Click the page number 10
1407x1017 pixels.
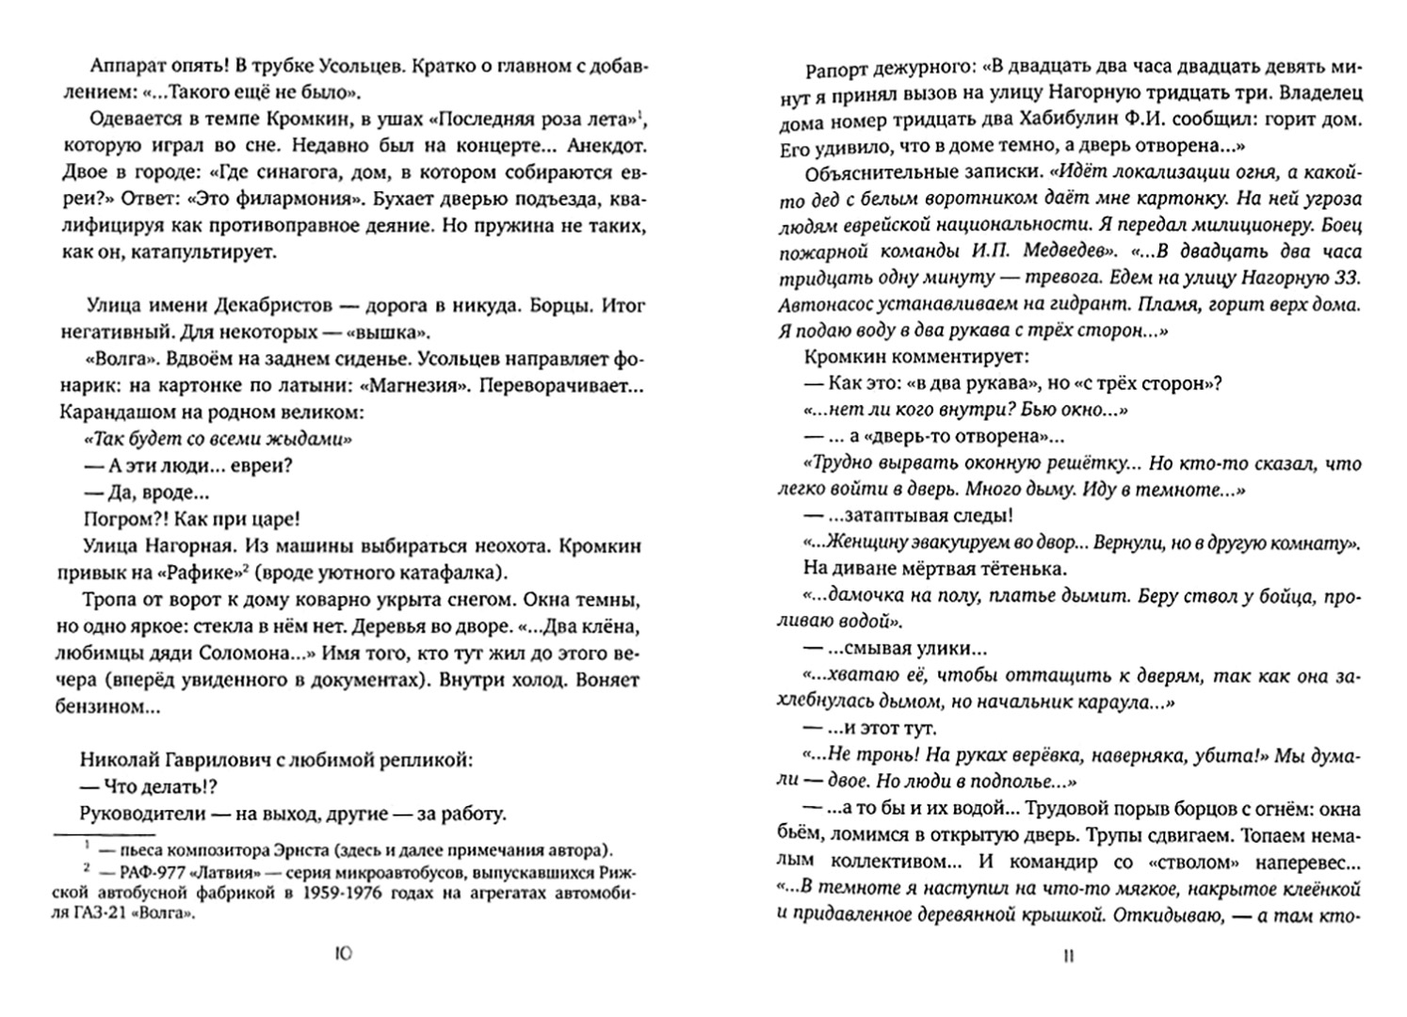pos(343,954)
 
